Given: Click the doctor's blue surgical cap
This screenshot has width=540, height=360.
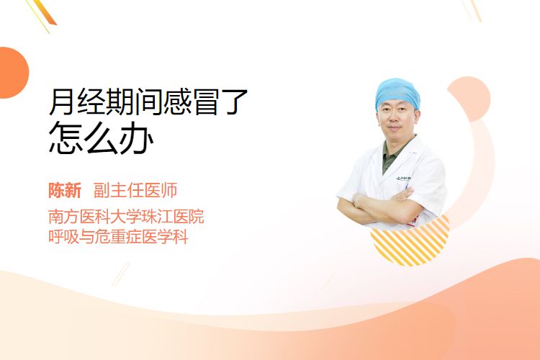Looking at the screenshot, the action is point(397,93).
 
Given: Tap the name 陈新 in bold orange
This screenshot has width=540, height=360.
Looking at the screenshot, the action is point(65,191).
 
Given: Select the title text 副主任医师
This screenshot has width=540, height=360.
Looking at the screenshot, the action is point(135,191).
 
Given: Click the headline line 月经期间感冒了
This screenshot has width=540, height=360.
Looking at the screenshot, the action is point(148,102).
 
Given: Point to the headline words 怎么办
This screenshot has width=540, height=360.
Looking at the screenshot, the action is point(101,137).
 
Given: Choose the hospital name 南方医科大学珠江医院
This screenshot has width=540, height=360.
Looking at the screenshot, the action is point(126,217).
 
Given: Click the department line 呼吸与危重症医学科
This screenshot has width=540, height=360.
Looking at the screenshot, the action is point(119,237).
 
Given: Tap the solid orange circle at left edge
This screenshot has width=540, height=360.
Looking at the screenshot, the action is point(13,73).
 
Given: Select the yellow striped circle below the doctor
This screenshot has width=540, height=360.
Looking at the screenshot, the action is point(412,245).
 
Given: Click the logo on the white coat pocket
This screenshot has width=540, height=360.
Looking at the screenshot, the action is point(403,179).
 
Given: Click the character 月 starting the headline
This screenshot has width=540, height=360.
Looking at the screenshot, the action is point(62,102).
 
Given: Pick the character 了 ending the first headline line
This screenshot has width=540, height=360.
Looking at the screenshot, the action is point(235,102).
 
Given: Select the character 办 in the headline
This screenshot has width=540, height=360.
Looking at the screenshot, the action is point(136,137).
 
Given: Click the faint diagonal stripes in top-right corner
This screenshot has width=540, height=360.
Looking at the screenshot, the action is point(472,9).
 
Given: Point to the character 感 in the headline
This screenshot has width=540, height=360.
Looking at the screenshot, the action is point(177,102).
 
